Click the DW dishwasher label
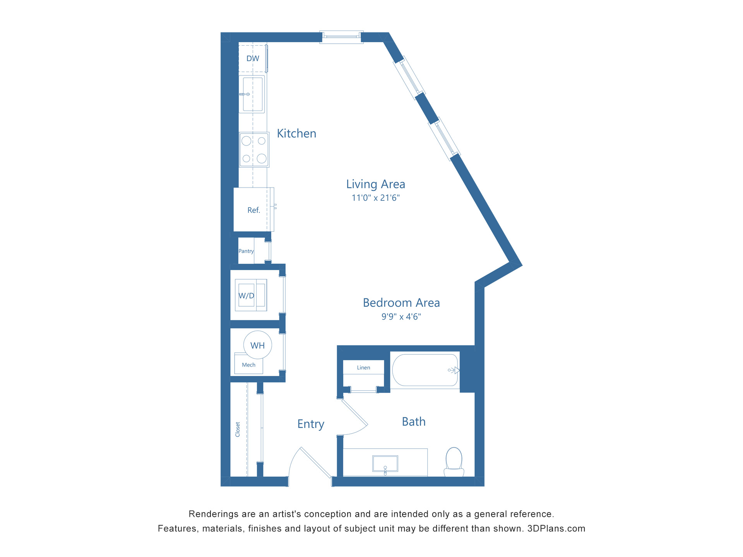pyautogui.click(x=253, y=58)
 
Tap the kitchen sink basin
pyautogui.click(x=253, y=94)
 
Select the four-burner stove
pyautogui.click(x=254, y=150)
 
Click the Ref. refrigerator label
pyautogui.click(x=253, y=210)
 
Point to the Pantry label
pyautogui.click(x=246, y=251)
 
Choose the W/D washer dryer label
pyautogui.click(x=246, y=296)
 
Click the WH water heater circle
pyautogui.click(x=258, y=345)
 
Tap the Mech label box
pyautogui.click(x=248, y=365)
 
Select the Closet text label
pyautogui.click(x=238, y=429)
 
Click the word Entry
pyautogui.click(x=311, y=424)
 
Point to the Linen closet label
pyautogui.click(x=363, y=367)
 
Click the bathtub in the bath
pyautogui.click(x=425, y=370)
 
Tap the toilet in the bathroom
pyautogui.click(x=454, y=461)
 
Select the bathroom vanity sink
pyautogui.click(x=385, y=463)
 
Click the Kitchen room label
pyautogui.click(x=296, y=133)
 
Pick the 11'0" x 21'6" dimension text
pyautogui.click(x=375, y=198)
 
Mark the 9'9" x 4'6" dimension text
pyautogui.click(x=401, y=317)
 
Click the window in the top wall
pyautogui.click(x=341, y=37)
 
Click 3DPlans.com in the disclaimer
pyautogui.click(x=556, y=529)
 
